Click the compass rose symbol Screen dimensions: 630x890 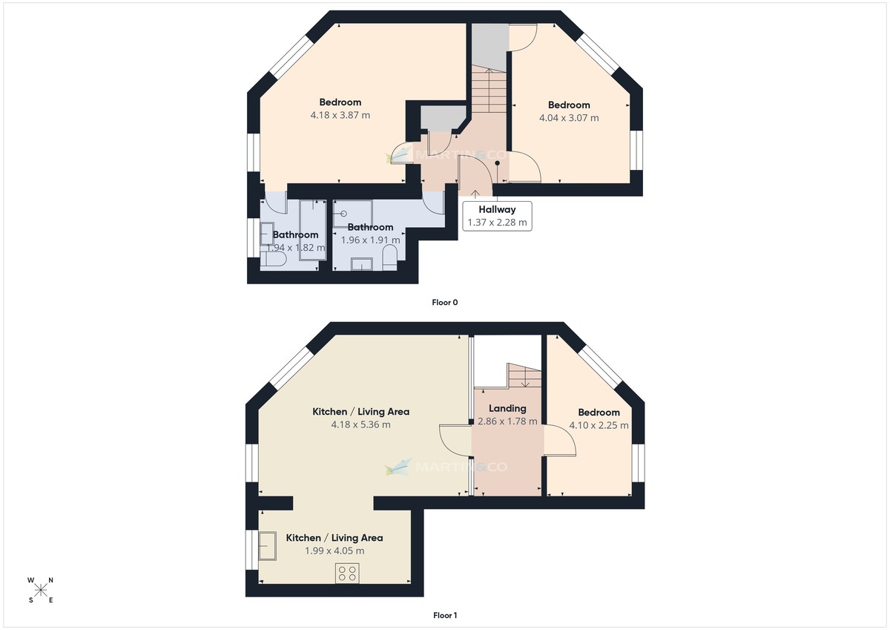tap(41, 590)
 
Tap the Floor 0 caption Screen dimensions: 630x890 tap(445, 302)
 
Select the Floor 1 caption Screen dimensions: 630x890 tap(445, 615)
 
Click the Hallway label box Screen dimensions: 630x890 tap(497, 215)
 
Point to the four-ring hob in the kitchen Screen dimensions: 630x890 tap(346, 573)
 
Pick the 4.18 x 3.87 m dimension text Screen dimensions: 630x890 tap(340, 115)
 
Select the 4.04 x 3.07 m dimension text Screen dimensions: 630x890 tap(569, 117)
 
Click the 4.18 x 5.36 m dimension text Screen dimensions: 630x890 tap(360, 424)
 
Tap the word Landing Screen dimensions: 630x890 tap(508, 408)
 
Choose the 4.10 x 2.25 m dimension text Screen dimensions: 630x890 tap(599, 425)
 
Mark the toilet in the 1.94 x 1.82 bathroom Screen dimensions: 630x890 tap(272, 260)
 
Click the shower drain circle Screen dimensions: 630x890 tap(344, 213)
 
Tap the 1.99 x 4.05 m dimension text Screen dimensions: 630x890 tap(334, 551)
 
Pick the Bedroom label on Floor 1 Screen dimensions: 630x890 tap(599, 413)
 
